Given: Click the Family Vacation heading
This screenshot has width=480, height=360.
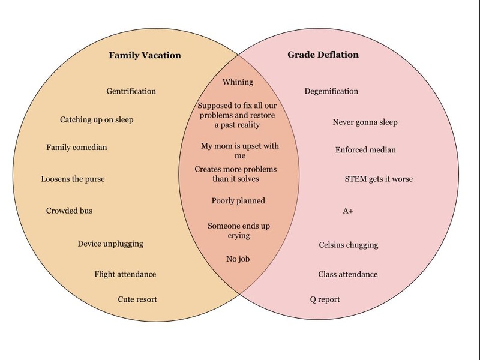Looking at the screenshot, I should [145, 55].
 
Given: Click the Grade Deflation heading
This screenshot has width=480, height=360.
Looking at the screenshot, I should [323, 55].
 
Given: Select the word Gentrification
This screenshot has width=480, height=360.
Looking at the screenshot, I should [131, 91].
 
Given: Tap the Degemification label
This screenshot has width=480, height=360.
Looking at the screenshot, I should [331, 91].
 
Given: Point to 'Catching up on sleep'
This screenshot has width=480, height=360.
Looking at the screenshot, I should [97, 119].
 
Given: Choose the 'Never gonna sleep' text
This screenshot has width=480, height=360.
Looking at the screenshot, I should [365, 122].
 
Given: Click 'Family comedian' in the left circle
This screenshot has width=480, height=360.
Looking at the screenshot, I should [77, 148].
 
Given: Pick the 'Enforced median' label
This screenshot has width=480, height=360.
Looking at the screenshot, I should [365, 150].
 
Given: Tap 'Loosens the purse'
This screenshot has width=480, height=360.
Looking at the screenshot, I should [73, 179].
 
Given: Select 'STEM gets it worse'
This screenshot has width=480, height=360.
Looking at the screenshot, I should [379, 179].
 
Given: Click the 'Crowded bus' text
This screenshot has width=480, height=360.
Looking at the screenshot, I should [69, 211].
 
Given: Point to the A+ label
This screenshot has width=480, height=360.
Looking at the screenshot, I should [348, 211].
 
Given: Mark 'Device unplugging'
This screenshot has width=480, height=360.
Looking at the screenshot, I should [110, 244].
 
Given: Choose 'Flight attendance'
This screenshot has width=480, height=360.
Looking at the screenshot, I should [125, 274].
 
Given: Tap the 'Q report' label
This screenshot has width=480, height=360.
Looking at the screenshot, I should [325, 299].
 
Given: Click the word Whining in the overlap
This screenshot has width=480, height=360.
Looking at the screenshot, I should [238, 82].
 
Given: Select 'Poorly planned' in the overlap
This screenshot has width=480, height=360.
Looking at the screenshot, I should [238, 201].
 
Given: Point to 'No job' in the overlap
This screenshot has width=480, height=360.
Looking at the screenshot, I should [238, 259].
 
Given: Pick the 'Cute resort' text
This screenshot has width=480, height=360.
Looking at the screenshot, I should [137, 299].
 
